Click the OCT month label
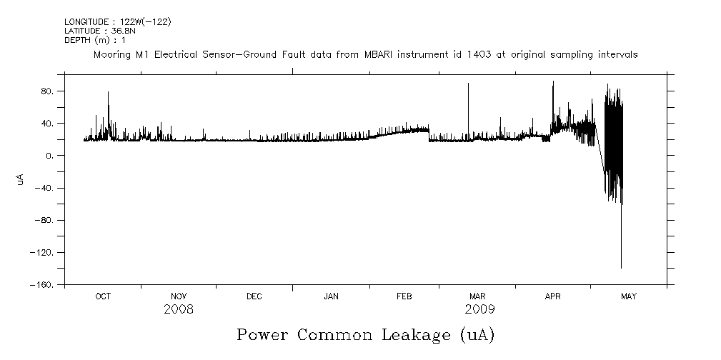[x=103, y=296]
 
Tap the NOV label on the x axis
[x=179, y=296]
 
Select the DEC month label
[x=254, y=296]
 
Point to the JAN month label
[x=331, y=296]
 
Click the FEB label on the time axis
[x=404, y=296]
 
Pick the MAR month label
[x=477, y=296]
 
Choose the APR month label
[x=553, y=296]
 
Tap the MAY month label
[x=629, y=296]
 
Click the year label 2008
[x=178, y=309]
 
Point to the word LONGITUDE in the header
[x=85, y=22]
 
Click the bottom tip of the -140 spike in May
[x=621, y=268]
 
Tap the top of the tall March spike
[x=468, y=84]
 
